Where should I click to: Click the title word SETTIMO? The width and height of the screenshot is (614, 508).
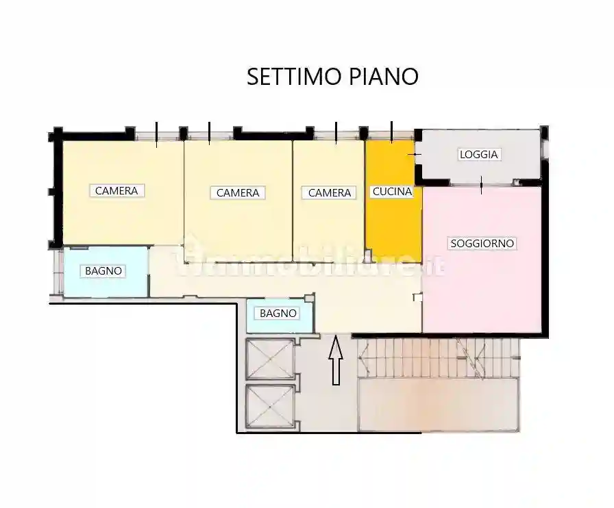pyautogui.click(x=286, y=76)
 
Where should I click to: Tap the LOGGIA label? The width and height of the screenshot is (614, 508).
pyautogui.click(x=479, y=155)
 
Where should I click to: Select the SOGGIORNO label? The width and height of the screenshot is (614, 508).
pyautogui.click(x=482, y=243)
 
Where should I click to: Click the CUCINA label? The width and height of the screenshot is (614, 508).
pyautogui.click(x=392, y=192)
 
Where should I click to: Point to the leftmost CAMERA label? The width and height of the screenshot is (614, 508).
pyautogui.click(x=116, y=191)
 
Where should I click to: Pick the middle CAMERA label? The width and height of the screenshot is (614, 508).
pyautogui.click(x=238, y=193)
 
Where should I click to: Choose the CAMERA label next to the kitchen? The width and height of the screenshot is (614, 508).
pyautogui.click(x=330, y=193)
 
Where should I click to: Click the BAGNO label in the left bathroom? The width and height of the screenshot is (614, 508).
pyautogui.click(x=103, y=271)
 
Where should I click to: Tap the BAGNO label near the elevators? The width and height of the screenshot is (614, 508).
pyautogui.click(x=279, y=314)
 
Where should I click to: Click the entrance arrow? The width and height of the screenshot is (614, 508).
pyautogui.click(x=336, y=361)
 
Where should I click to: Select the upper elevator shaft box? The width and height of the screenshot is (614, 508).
pyautogui.click(x=270, y=359)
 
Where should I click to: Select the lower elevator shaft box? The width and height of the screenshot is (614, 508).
pyautogui.click(x=270, y=407)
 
